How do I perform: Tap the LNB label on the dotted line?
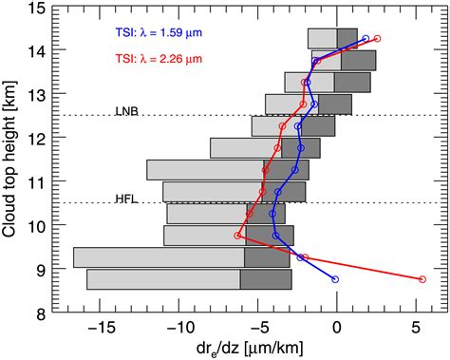point(126,109)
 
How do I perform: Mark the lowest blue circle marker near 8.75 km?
point(335,279)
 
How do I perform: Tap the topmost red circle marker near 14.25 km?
point(378,39)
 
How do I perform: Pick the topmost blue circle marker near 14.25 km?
point(366,39)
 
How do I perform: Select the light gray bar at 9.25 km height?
point(159,257)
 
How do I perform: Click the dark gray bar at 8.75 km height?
point(265,279)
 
